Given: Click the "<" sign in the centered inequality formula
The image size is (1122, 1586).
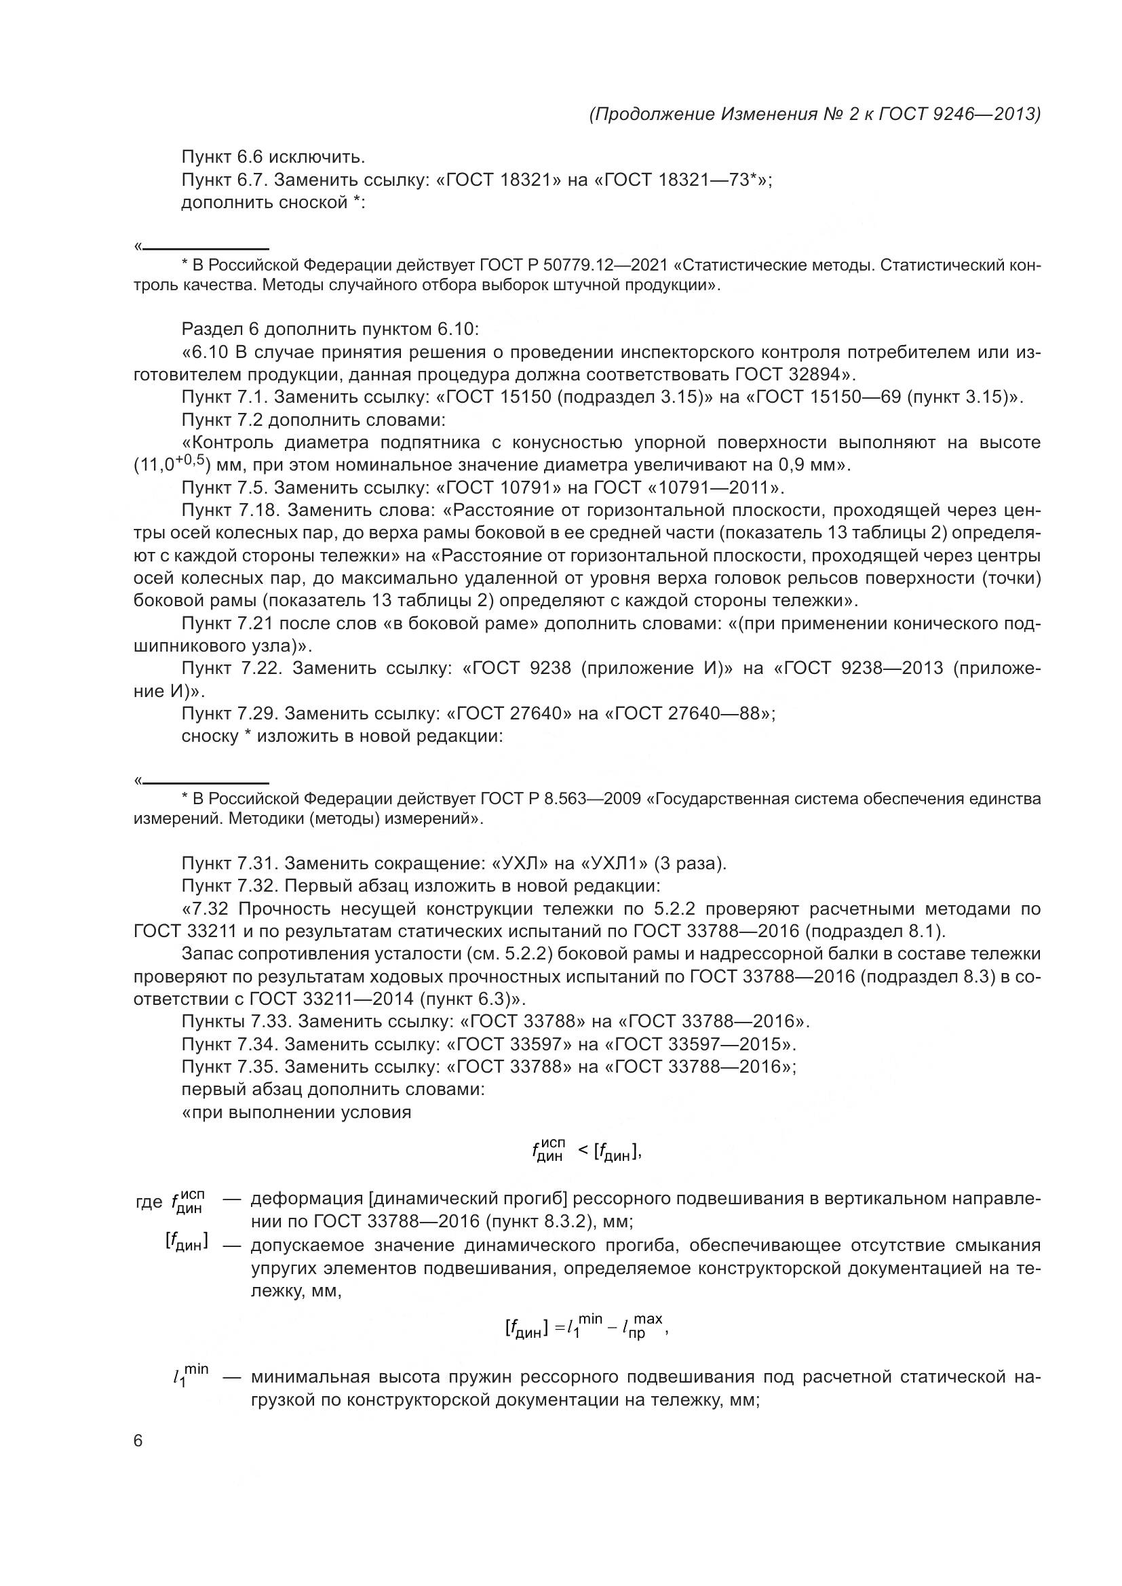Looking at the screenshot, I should pyautogui.click(x=583, y=1149).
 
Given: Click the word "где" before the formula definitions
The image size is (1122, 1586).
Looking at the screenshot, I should pyautogui.click(x=149, y=1202).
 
